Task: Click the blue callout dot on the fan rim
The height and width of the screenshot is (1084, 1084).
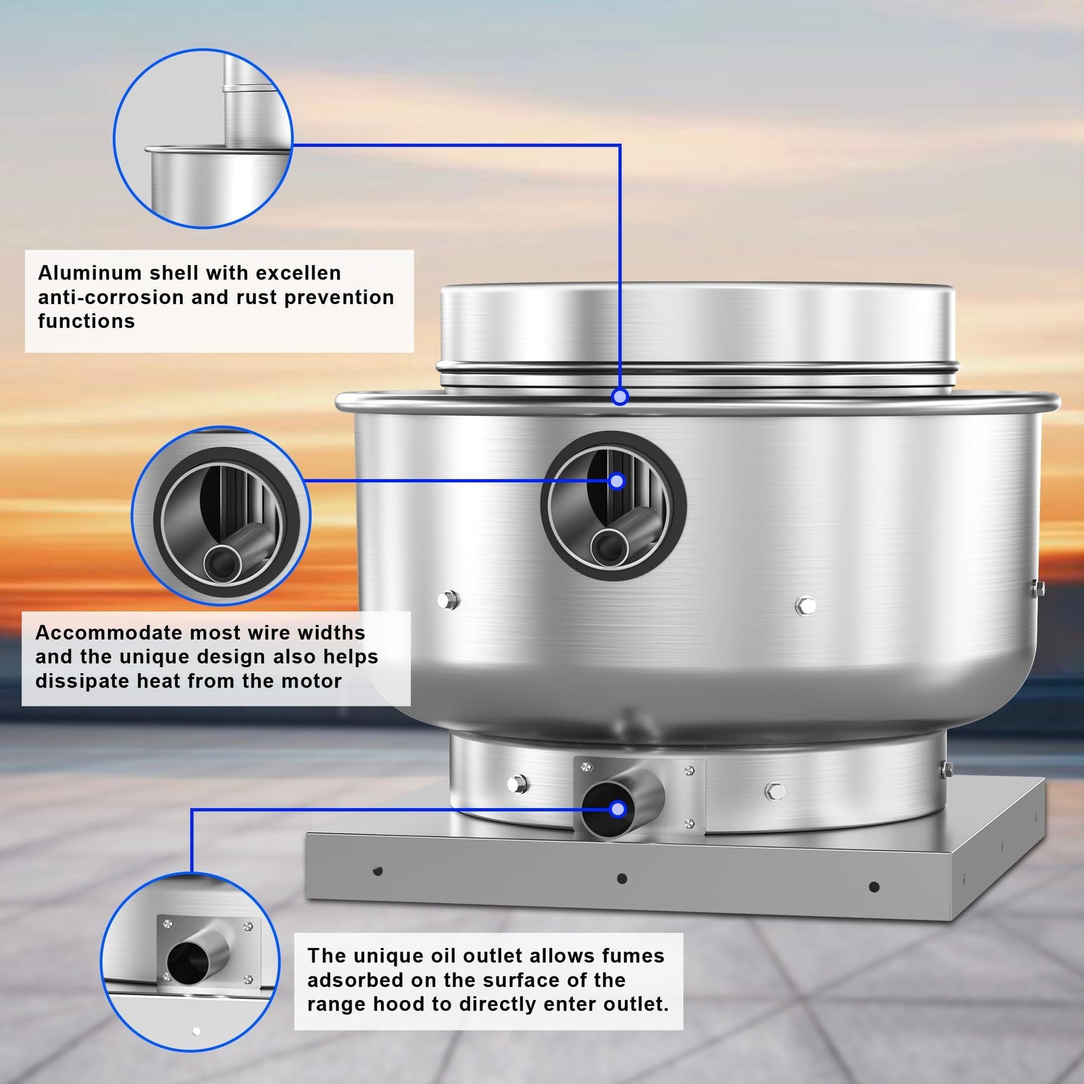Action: [x=619, y=397]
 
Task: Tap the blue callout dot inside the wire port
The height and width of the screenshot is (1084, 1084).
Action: [x=617, y=481]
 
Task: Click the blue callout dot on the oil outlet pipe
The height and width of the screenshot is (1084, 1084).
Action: [x=618, y=809]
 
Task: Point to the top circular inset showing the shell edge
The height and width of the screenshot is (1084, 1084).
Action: [x=203, y=139]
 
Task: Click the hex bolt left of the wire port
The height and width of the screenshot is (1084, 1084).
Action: [x=448, y=600]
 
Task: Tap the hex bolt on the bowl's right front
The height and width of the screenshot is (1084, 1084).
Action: [x=805, y=606]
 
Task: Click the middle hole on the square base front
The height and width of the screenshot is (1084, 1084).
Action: [x=622, y=878]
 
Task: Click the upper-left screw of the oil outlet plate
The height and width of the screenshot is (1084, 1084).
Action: [x=587, y=767]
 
